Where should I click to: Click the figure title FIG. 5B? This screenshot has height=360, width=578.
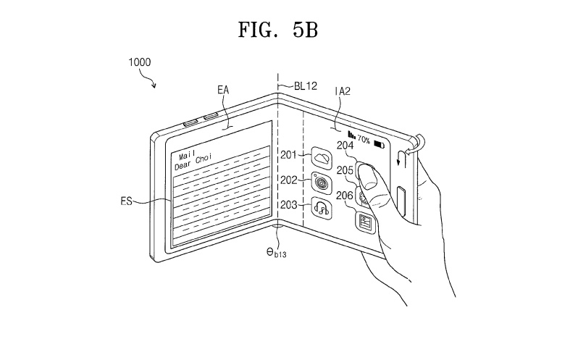[x=278, y=30]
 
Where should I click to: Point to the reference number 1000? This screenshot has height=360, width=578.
[x=139, y=62]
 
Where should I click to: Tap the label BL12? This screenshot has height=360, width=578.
[x=306, y=86]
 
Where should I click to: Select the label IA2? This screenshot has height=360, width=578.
[x=343, y=91]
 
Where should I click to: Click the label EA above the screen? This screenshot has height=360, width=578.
[x=223, y=90]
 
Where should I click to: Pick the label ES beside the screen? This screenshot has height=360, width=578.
[x=127, y=201]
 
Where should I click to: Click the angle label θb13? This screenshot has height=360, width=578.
[x=277, y=252]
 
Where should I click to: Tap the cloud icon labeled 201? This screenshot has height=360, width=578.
[x=322, y=158]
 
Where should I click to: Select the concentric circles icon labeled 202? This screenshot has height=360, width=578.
[x=322, y=183]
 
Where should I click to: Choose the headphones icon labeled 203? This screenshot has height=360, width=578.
[x=322, y=208]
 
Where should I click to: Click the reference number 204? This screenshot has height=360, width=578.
[x=345, y=146]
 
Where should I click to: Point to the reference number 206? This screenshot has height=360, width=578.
[x=345, y=196]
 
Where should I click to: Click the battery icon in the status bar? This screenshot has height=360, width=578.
[x=379, y=144]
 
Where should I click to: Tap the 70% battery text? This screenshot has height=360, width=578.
[x=364, y=140]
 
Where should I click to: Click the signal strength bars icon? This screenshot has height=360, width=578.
[x=352, y=135]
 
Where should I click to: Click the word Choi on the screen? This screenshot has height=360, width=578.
[x=204, y=159]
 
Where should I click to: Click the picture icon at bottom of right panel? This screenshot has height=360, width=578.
[x=365, y=222]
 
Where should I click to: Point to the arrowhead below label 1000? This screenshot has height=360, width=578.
[x=154, y=86]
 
